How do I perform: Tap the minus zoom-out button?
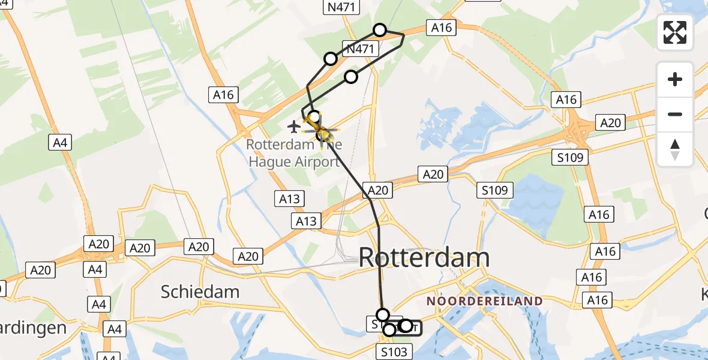pyautogui.click(x=675, y=114)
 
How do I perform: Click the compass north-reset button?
pyautogui.click(x=675, y=149)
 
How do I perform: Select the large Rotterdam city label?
pyautogui.click(x=424, y=258)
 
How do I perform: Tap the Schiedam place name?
pyautogui.click(x=200, y=292)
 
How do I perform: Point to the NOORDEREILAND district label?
pyautogui.click(x=484, y=301)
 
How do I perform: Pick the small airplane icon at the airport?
pyautogui.click(x=293, y=127)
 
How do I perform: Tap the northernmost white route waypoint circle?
pyautogui.click(x=380, y=29)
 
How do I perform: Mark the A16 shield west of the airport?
pyautogui.click(x=223, y=94)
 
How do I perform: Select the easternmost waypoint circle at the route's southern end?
pyautogui.click(x=406, y=326)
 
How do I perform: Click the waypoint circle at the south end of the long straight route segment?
pyautogui.click(x=382, y=314)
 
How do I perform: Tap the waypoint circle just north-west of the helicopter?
pyautogui.click(x=313, y=116)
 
